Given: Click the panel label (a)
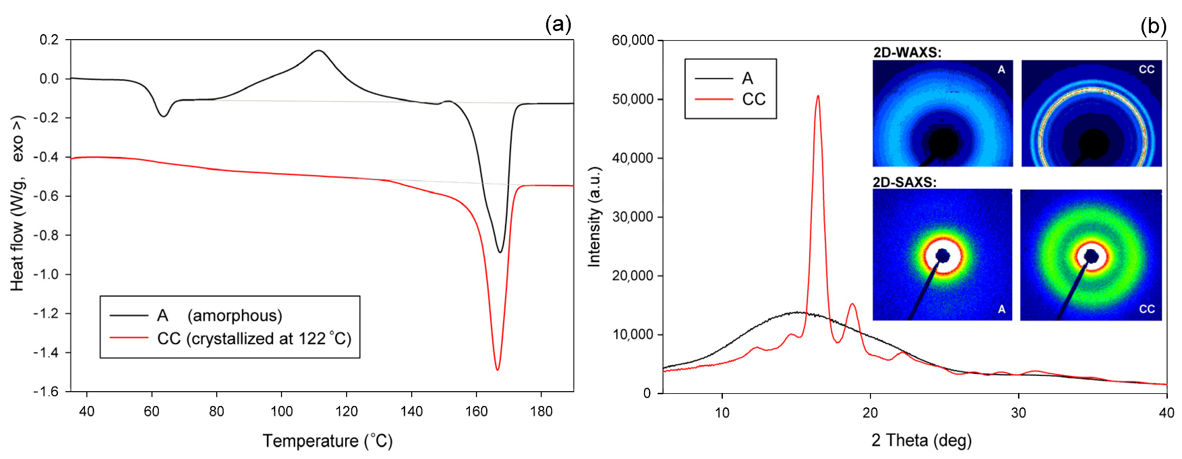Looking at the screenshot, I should click(558, 24).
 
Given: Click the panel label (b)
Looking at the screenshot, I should click(1153, 26).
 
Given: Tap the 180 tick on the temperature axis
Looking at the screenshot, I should click(541, 411).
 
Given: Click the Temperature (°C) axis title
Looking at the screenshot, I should click(328, 441).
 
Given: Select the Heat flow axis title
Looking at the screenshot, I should click(17, 203).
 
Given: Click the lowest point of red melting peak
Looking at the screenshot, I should click(498, 370).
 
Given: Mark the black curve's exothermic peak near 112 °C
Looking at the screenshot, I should click(318, 51).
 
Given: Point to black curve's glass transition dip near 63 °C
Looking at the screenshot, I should click(163, 116).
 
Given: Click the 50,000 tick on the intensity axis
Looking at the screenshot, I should click(633, 99).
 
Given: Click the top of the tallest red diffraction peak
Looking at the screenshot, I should click(818, 96).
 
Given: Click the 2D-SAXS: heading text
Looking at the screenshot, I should click(904, 182).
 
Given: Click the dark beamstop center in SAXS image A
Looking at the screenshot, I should click(942, 256).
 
